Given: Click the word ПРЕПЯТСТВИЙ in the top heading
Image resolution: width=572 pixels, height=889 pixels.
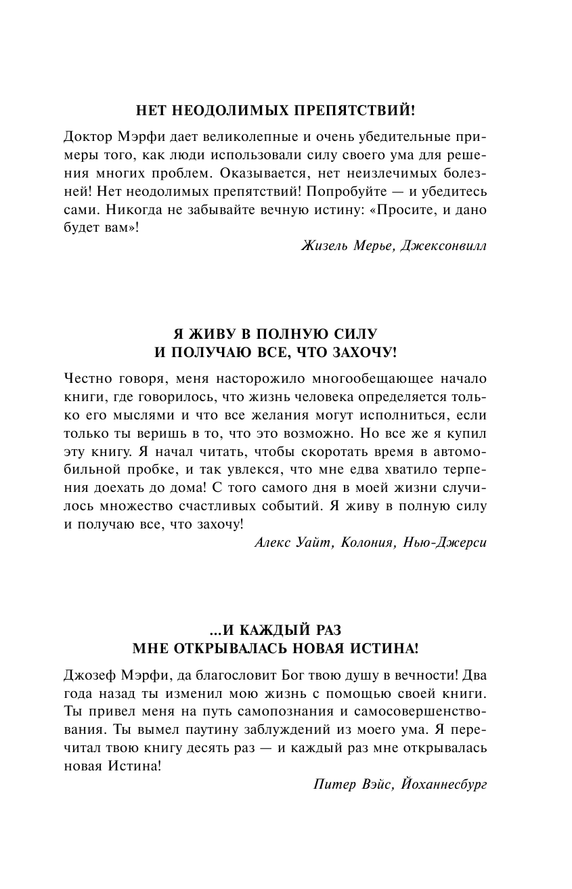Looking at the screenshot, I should [360, 109].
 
